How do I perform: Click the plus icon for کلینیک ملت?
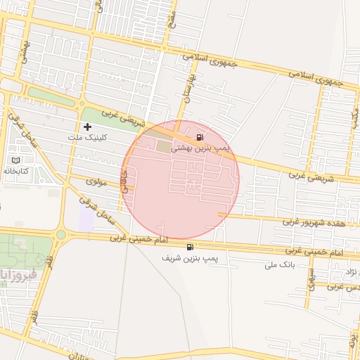pyautogui.click(x=87, y=127)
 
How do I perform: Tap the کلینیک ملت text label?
pyautogui.click(x=87, y=138)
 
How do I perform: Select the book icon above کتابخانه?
pyautogui.click(x=16, y=160)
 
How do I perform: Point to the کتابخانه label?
pyautogui.click(x=15, y=171)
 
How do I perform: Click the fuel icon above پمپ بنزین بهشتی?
pyautogui.click(x=200, y=136)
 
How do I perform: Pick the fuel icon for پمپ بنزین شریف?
pyautogui.click(x=191, y=247)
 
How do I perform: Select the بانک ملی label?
pyautogui.click(x=278, y=265)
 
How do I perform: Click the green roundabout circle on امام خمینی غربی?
pyautogui.click(x=61, y=235)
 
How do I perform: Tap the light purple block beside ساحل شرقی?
pyautogui.click(x=86, y=219)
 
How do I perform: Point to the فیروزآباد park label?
pyautogui.click(x=13, y=273)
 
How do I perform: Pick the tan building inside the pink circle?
pyautogui.click(x=163, y=146)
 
